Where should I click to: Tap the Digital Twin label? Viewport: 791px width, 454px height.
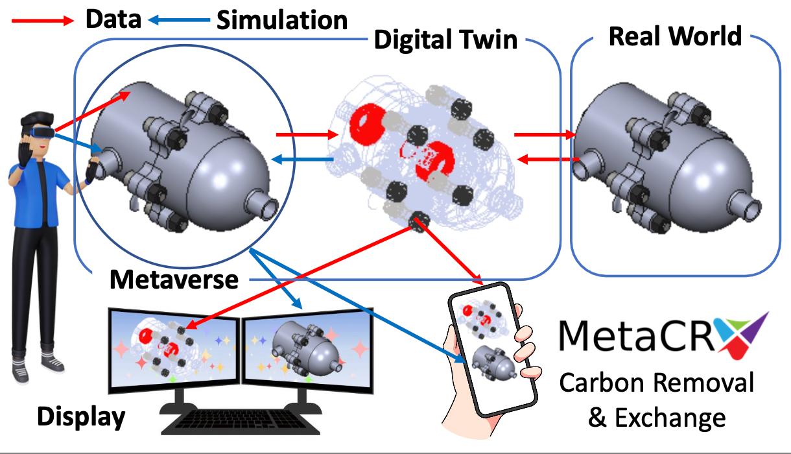pos(446,40)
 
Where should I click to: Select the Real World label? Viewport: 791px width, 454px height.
pos(675,36)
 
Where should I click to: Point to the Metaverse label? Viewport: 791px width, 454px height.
pos(174,280)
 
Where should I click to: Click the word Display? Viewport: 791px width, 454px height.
pos(80,416)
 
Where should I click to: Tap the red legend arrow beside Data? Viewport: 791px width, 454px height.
pos(42,21)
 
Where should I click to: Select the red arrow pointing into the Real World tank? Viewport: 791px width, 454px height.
pos(545,135)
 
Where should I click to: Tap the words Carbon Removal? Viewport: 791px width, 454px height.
pos(656,383)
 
